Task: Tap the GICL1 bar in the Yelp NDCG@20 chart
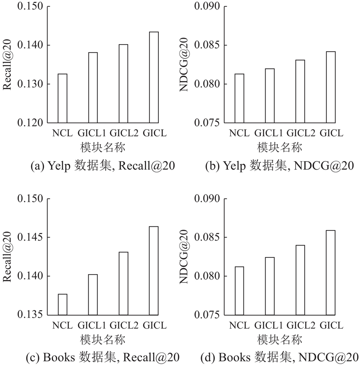[x=270, y=95]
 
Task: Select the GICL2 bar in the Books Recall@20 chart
[x=123, y=283]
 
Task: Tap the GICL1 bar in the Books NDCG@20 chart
[x=270, y=286]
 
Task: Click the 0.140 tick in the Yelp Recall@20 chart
[x=31, y=45]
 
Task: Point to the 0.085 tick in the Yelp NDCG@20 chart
[x=208, y=45]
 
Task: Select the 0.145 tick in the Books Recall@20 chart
[x=31, y=237]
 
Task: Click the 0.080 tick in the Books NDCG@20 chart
[x=208, y=276]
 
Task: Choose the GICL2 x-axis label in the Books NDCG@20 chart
[x=300, y=325]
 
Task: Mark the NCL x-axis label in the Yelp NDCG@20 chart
[x=239, y=133]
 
